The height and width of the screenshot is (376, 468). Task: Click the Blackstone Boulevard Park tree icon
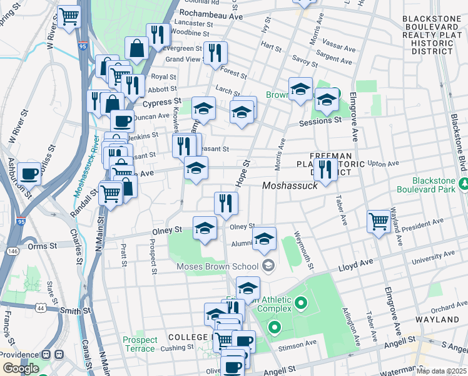(464, 184)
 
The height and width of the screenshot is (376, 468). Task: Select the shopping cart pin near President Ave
(379, 221)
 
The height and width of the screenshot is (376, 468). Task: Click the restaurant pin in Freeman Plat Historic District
(325, 168)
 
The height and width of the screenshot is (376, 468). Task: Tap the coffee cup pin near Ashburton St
(29, 173)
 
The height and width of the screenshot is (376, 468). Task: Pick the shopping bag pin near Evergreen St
(136, 48)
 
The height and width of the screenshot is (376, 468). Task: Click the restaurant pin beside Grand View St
(215, 53)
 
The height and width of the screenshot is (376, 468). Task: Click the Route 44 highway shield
(41, 307)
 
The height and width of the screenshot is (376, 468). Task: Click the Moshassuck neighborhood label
(290, 185)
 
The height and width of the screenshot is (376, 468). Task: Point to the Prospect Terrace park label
(140, 344)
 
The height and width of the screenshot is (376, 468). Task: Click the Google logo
(21, 368)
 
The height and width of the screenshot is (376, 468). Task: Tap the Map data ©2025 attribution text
(440, 371)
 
